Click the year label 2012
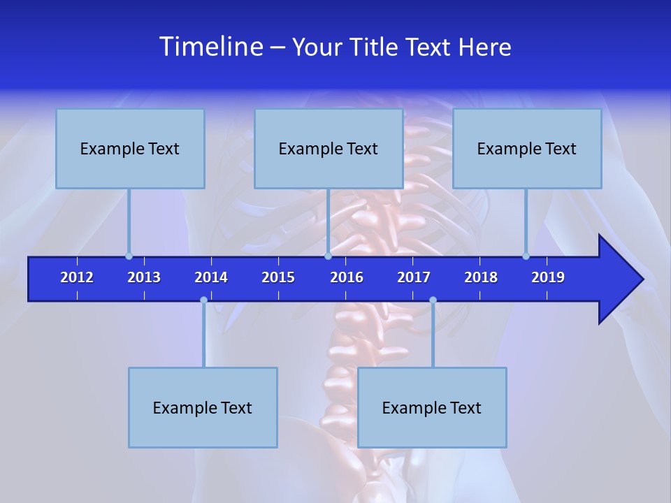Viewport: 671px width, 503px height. tap(77, 277)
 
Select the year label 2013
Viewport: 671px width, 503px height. tap(144, 277)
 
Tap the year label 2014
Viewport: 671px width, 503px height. tap(211, 277)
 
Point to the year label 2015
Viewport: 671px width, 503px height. tap(278, 277)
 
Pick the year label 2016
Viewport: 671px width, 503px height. tap(347, 277)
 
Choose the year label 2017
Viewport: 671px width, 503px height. tap(414, 277)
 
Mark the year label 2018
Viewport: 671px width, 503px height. tap(481, 277)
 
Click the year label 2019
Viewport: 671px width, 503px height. tap(548, 277)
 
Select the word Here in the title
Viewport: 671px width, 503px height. tap(485, 48)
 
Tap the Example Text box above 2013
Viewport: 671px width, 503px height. tap(130, 148)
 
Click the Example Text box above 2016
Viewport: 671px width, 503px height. tap(329, 148)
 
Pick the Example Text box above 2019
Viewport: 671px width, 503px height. tap(527, 148)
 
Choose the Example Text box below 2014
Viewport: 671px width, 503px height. tap(203, 407)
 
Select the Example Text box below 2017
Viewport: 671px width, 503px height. tap(432, 407)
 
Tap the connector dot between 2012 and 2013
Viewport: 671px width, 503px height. tap(129, 256)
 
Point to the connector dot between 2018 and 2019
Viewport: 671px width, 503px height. tap(526, 256)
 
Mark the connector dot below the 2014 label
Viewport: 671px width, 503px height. tap(203, 300)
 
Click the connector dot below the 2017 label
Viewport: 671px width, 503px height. tap(433, 300)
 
